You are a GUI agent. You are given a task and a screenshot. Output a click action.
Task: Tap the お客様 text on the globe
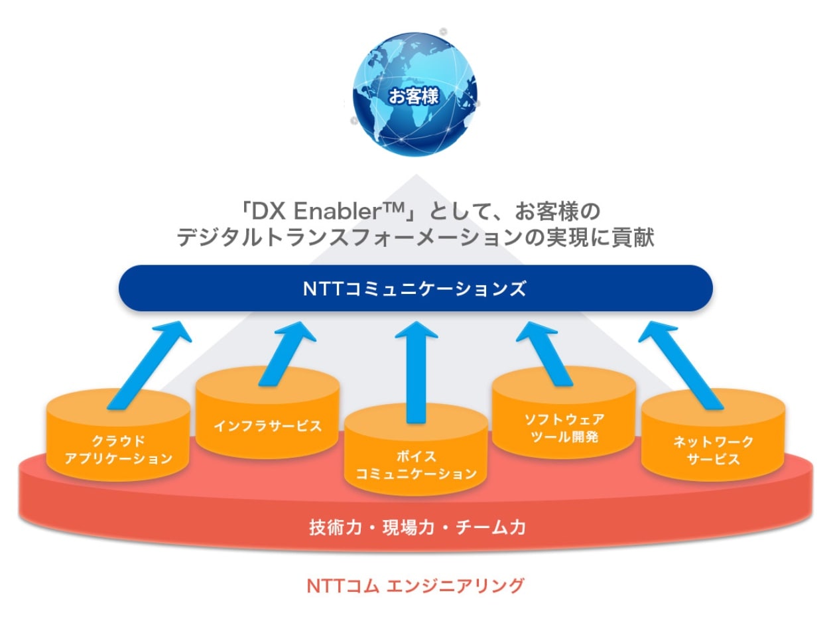(414, 96)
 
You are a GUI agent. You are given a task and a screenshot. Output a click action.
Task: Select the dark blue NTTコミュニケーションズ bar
(415, 289)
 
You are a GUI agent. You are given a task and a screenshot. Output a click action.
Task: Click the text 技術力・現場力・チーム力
(417, 528)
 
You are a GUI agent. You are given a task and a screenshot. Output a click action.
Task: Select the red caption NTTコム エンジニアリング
(416, 586)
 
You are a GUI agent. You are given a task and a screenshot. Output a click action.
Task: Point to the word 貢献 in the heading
(633, 238)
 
